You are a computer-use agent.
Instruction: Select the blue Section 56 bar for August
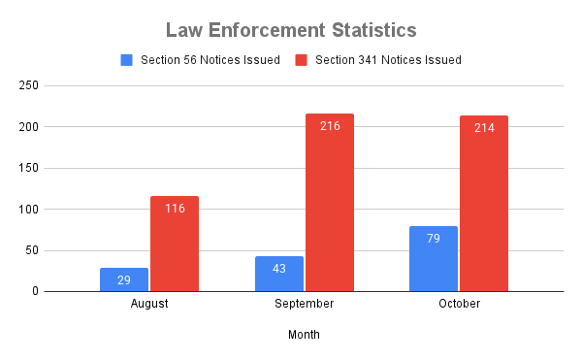pos(124,279)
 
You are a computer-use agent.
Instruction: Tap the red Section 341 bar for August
pos(175,244)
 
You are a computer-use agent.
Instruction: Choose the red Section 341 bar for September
pos(330,203)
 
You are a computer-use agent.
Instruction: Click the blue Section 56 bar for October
pos(434,259)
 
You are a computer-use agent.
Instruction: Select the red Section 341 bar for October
pos(484,204)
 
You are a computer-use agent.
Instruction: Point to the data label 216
pos(330,126)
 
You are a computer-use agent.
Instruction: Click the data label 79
pos(434,239)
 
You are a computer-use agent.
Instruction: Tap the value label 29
pos(124,279)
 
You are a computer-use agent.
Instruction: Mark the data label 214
pos(484,128)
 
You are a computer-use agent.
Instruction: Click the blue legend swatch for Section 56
pos(126,60)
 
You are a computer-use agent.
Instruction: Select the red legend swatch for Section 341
pos(301,60)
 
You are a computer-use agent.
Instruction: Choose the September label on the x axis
pos(304,304)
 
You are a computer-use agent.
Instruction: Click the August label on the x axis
pos(149,304)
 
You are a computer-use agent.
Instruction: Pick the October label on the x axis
pos(459,304)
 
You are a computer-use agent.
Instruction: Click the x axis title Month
pos(304,335)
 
